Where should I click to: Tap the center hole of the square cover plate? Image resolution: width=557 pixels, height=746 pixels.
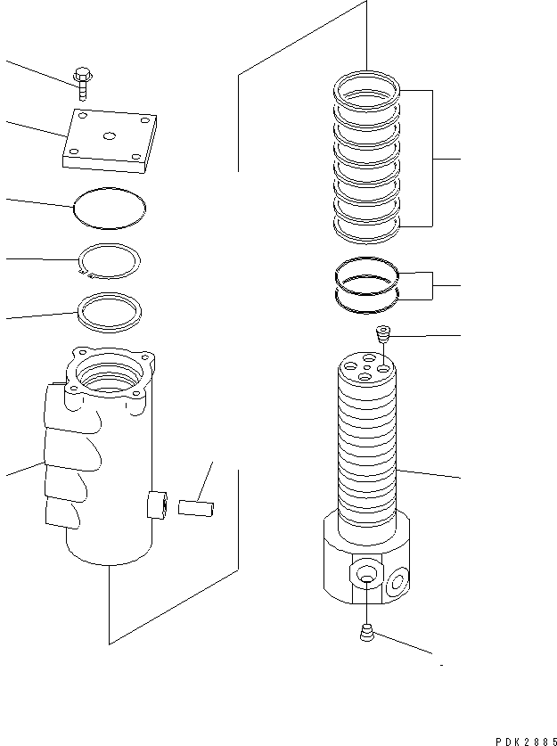pyautogui.click(x=109, y=135)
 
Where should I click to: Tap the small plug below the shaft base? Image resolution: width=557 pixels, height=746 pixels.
pyautogui.click(x=366, y=633)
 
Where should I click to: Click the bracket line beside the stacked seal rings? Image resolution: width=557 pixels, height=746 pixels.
pyautogui.click(x=433, y=158)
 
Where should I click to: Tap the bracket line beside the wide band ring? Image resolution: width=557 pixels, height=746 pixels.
pyautogui.click(x=433, y=285)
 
